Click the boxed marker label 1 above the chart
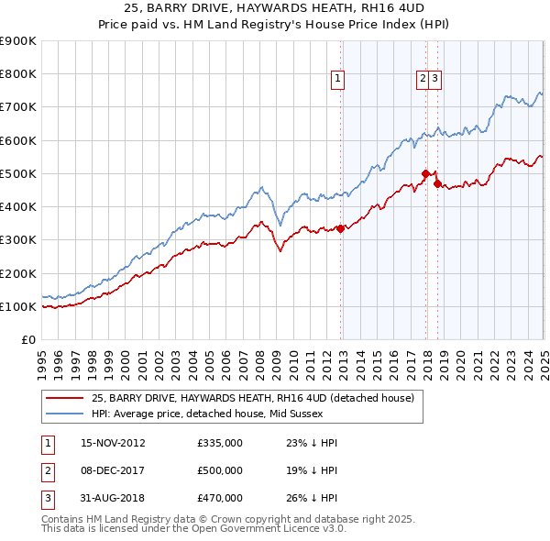338,80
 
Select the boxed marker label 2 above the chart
423,80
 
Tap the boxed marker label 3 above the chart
434,80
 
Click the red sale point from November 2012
341,228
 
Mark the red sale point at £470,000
438,183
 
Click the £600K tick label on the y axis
18,140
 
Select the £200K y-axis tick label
18,273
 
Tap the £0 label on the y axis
27,339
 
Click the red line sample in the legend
65,398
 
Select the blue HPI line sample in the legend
65,414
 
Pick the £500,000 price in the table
220,470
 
